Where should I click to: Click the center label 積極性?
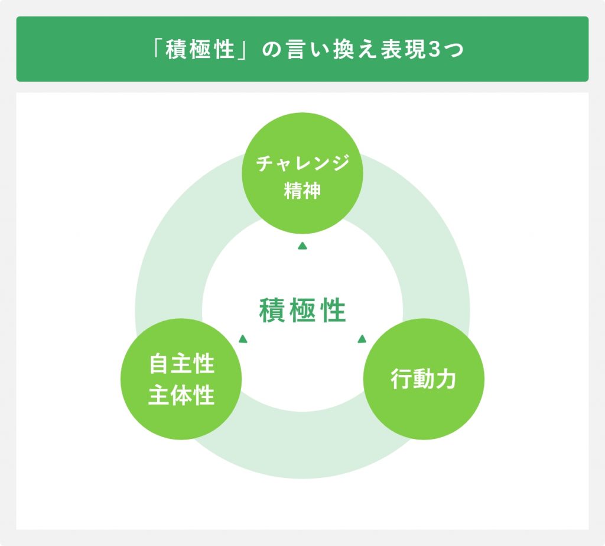(302, 311)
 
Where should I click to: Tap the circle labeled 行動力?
(424, 379)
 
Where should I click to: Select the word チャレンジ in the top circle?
(303, 163)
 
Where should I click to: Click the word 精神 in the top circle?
(302, 190)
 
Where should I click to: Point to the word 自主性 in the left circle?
(181, 364)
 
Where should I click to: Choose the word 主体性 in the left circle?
(181, 395)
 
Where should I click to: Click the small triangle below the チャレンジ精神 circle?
(302, 245)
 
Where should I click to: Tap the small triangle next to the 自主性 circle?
(243, 339)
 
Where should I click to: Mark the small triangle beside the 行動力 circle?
(362, 339)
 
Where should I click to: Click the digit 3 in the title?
(434, 50)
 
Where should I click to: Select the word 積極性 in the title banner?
(200, 50)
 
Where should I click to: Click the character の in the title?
(272, 50)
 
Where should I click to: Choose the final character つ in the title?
(453, 50)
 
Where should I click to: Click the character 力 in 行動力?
(445, 379)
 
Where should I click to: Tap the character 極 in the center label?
(302, 311)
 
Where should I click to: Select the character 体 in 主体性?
(181, 395)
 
